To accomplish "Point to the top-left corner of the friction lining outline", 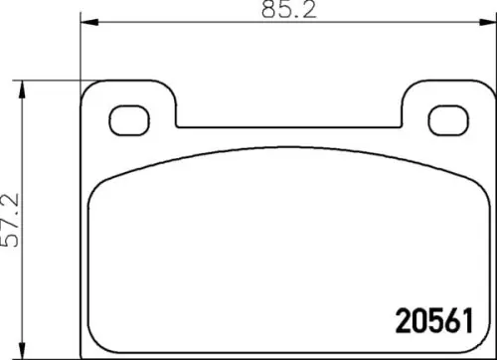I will point(95,189).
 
